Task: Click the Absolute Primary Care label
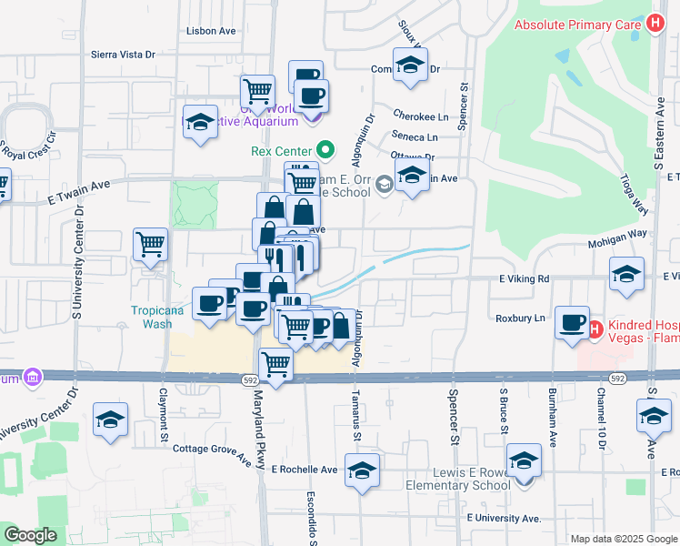(578, 25)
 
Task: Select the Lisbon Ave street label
(211, 31)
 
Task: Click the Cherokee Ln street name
(421, 116)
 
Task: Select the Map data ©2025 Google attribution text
(623, 539)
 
